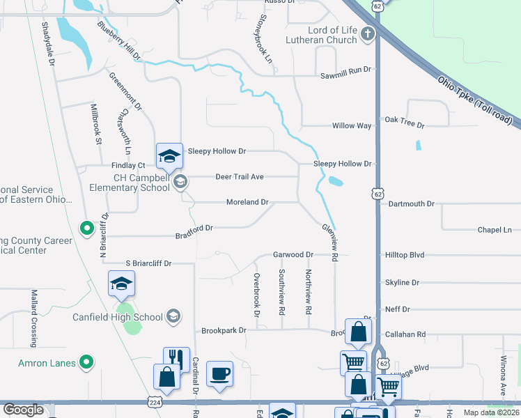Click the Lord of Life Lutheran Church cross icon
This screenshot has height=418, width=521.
(x=368, y=33)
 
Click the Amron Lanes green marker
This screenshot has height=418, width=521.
(x=86, y=362)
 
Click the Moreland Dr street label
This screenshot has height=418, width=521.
(x=247, y=202)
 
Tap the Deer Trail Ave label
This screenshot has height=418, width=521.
(x=239, y=177)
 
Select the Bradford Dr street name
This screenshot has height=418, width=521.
(x=194, y=228)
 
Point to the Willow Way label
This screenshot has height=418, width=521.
(x=352, y=126)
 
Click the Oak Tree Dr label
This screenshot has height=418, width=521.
(x=405, y=121)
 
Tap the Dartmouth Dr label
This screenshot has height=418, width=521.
(x=412, y=204)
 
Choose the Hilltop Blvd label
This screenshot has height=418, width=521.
(x=405, y=256)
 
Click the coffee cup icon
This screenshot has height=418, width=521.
(x=220, y=373)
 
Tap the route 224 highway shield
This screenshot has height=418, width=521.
(x=155, y=401)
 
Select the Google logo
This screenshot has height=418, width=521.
(x=23, y=410)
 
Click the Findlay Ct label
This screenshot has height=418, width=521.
(x=127, y=166)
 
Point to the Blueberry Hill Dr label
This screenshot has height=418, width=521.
(x=119, y=41)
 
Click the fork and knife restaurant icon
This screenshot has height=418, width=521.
(x=176, y=359)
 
